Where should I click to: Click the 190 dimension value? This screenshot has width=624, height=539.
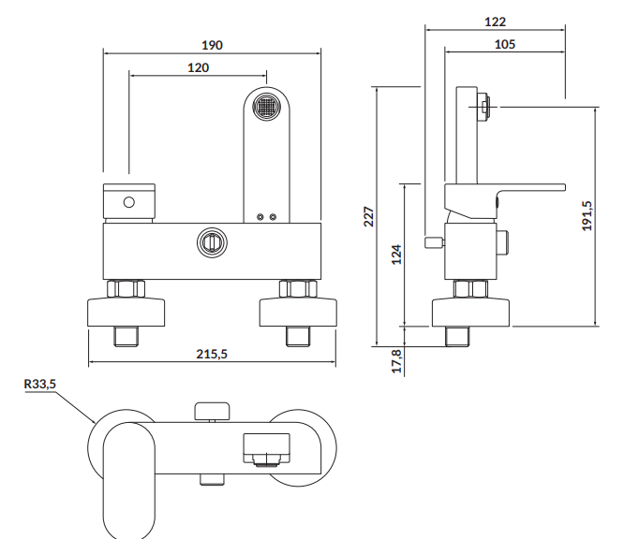pos(212,45)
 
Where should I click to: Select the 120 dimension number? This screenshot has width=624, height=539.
pos(199,67)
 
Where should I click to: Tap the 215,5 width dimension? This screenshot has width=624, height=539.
pos(212,354)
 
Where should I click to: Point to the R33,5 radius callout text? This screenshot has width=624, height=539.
pos(40,384)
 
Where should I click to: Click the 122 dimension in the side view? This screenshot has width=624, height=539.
pos(495,22)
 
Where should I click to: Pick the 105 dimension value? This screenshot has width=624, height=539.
pos(505,44)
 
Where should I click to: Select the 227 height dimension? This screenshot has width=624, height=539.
pos(369,217)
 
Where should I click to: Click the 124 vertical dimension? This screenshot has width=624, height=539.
pos(396,255)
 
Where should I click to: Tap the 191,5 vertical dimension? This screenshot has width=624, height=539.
pos(587,216)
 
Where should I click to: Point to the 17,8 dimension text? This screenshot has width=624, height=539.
pos(396,361)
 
